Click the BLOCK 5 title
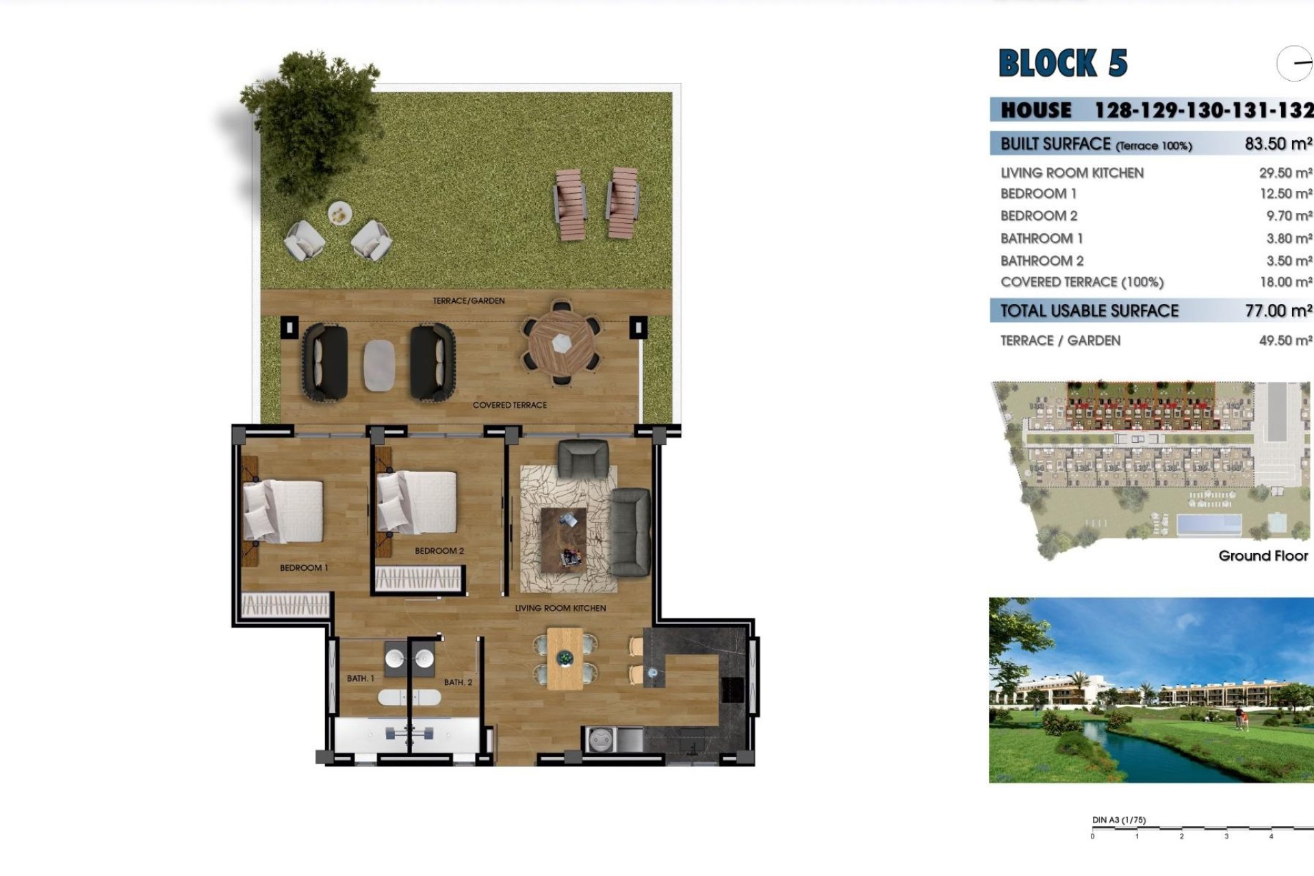tap(1063, 64)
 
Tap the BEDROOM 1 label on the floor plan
tap(304, 568)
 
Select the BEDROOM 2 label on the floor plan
tap(439, 551)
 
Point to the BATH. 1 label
tap(361, 678)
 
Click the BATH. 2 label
tap(458, 682)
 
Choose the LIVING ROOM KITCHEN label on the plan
tap(561, 608)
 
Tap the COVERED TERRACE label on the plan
tap(510, 405)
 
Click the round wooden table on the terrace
tap(561, 343)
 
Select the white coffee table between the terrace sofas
tap(379, 365)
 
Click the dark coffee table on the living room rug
tap(564, 539)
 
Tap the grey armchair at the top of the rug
tap(583, 458)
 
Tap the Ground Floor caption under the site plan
tap(1263, 556)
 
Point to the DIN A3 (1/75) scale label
tap(1119, 820)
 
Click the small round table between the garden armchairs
tap(339, 214)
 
